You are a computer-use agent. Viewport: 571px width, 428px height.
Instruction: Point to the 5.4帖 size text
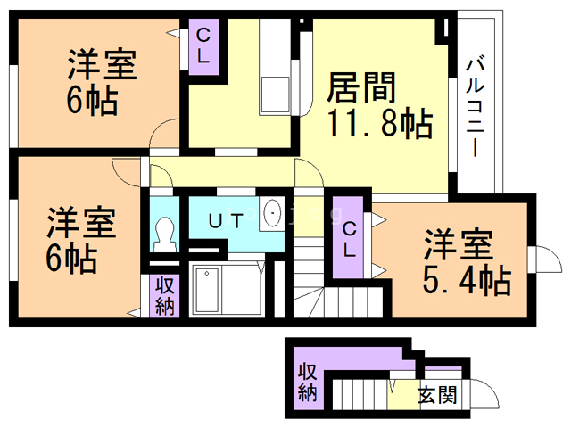tap(466, 280)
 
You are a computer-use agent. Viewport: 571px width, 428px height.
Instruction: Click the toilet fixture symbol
tap(163, 234)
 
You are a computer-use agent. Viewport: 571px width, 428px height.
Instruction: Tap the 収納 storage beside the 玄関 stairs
tap(308, 382)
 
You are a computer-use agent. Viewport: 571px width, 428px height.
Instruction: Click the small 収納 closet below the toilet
tap(165, 297)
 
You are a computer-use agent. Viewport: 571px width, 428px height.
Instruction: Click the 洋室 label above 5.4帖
tap(457, 243)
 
